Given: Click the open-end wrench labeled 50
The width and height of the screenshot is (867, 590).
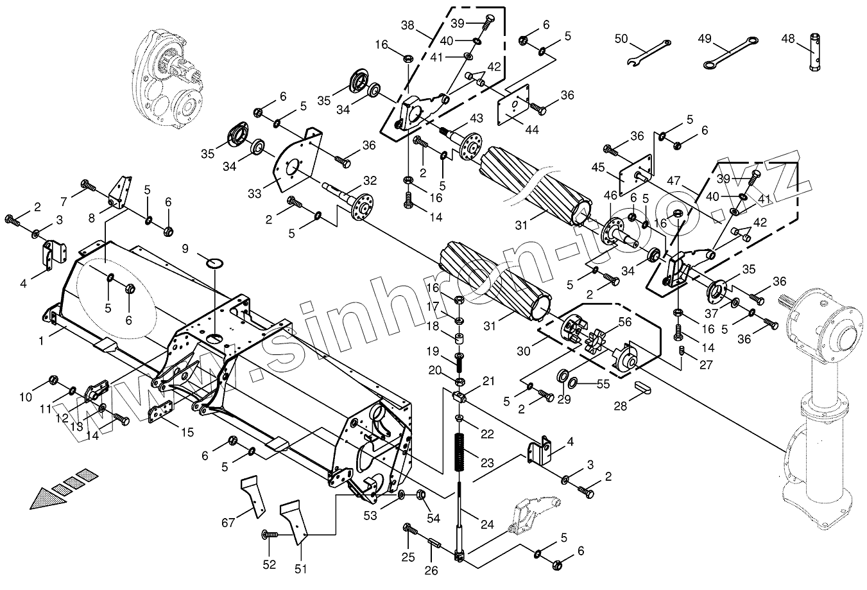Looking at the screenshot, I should [648, 53].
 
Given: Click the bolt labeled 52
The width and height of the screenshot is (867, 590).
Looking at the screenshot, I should [271, 534].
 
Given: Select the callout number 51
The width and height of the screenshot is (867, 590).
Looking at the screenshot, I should [300, 569].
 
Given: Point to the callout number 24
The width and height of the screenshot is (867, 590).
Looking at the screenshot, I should [487, 524].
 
